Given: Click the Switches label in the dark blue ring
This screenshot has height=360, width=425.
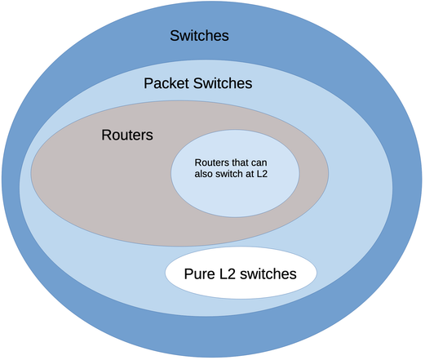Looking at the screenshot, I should [199, 36].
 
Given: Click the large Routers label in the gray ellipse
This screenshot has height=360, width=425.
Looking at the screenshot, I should [126, 135].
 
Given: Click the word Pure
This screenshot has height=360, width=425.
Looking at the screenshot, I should [199, 273].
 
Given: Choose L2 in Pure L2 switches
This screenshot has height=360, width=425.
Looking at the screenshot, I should [230, 273].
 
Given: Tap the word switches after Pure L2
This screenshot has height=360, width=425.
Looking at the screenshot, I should [269, 273].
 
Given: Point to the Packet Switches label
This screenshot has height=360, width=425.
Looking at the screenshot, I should [197, 83].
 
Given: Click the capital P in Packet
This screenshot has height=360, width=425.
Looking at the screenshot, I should [148, 83].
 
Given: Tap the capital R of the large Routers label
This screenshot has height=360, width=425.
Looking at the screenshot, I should [106, 135].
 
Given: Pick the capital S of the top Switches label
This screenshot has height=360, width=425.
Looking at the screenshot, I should [175, 36].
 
